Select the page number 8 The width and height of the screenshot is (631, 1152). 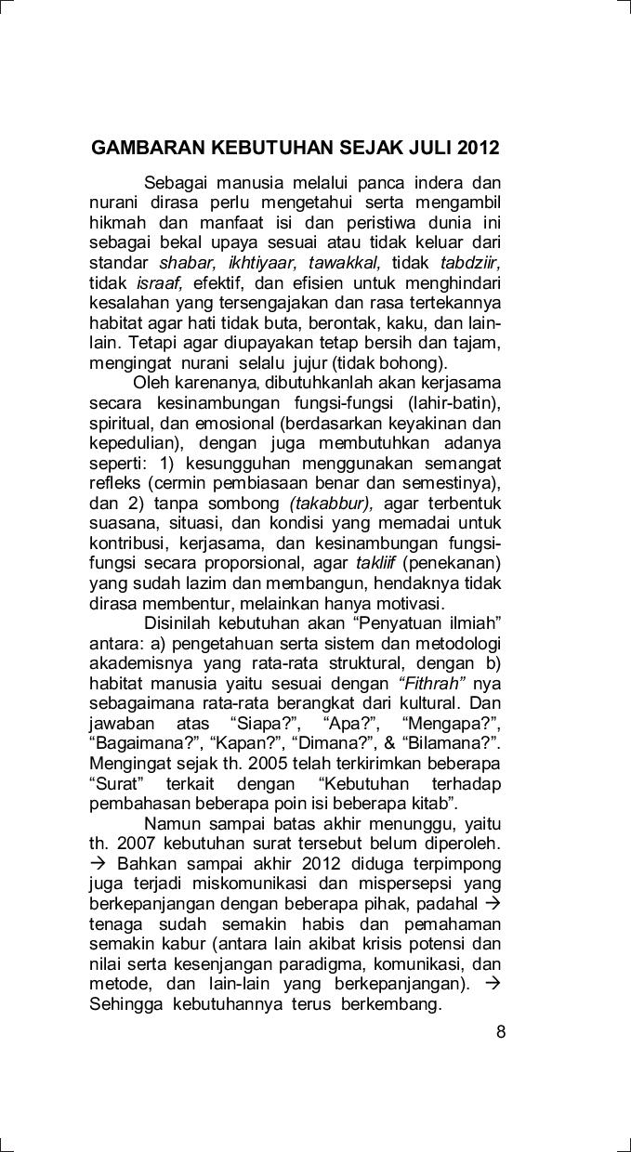pyautogui.click(x=501, y=1030)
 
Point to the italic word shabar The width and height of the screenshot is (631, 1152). pyautogui.click(x=187, y=262)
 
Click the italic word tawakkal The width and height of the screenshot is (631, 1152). pyautogui.click(x=343, y=262)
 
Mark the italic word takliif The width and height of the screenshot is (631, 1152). pyautogui.click(x=375, y=563)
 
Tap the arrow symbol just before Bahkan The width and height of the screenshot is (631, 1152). pyautogui.click(x=99, y=864)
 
